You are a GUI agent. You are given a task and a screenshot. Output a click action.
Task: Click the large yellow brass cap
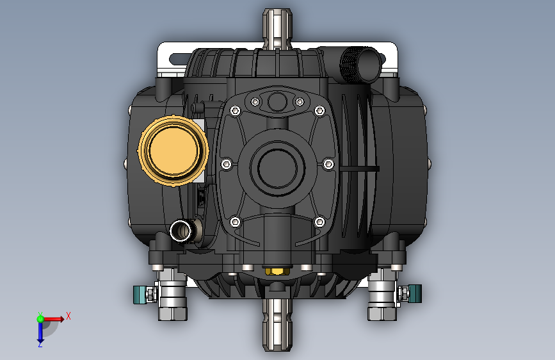coord(173,151)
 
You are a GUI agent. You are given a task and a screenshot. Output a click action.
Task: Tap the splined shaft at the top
coord(277,29)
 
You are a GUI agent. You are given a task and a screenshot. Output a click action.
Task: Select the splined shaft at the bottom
coord(277,324)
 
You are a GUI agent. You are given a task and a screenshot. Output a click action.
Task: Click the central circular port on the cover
coord(277,168)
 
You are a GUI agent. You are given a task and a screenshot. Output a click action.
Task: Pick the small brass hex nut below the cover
coord(277,272)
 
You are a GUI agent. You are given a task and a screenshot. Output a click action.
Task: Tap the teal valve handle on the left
coord(140,295)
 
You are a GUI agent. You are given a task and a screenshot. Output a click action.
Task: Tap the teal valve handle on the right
coord(414,294)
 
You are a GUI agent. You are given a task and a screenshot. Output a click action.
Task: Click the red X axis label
coord(68,316)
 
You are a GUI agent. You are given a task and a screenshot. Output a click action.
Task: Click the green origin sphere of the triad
coord(40,319)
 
